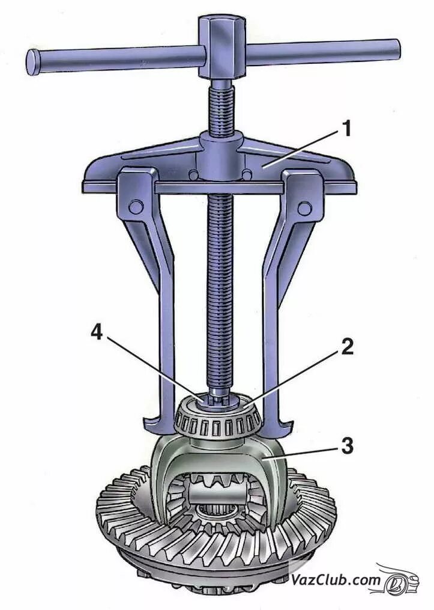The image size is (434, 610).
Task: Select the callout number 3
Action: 346,446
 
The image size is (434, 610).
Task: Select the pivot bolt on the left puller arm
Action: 136,206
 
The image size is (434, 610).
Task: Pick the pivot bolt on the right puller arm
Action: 305,208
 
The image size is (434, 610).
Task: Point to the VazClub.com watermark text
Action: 336,579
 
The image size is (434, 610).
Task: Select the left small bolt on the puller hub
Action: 194,175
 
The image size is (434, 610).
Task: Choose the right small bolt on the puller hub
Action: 246,175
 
